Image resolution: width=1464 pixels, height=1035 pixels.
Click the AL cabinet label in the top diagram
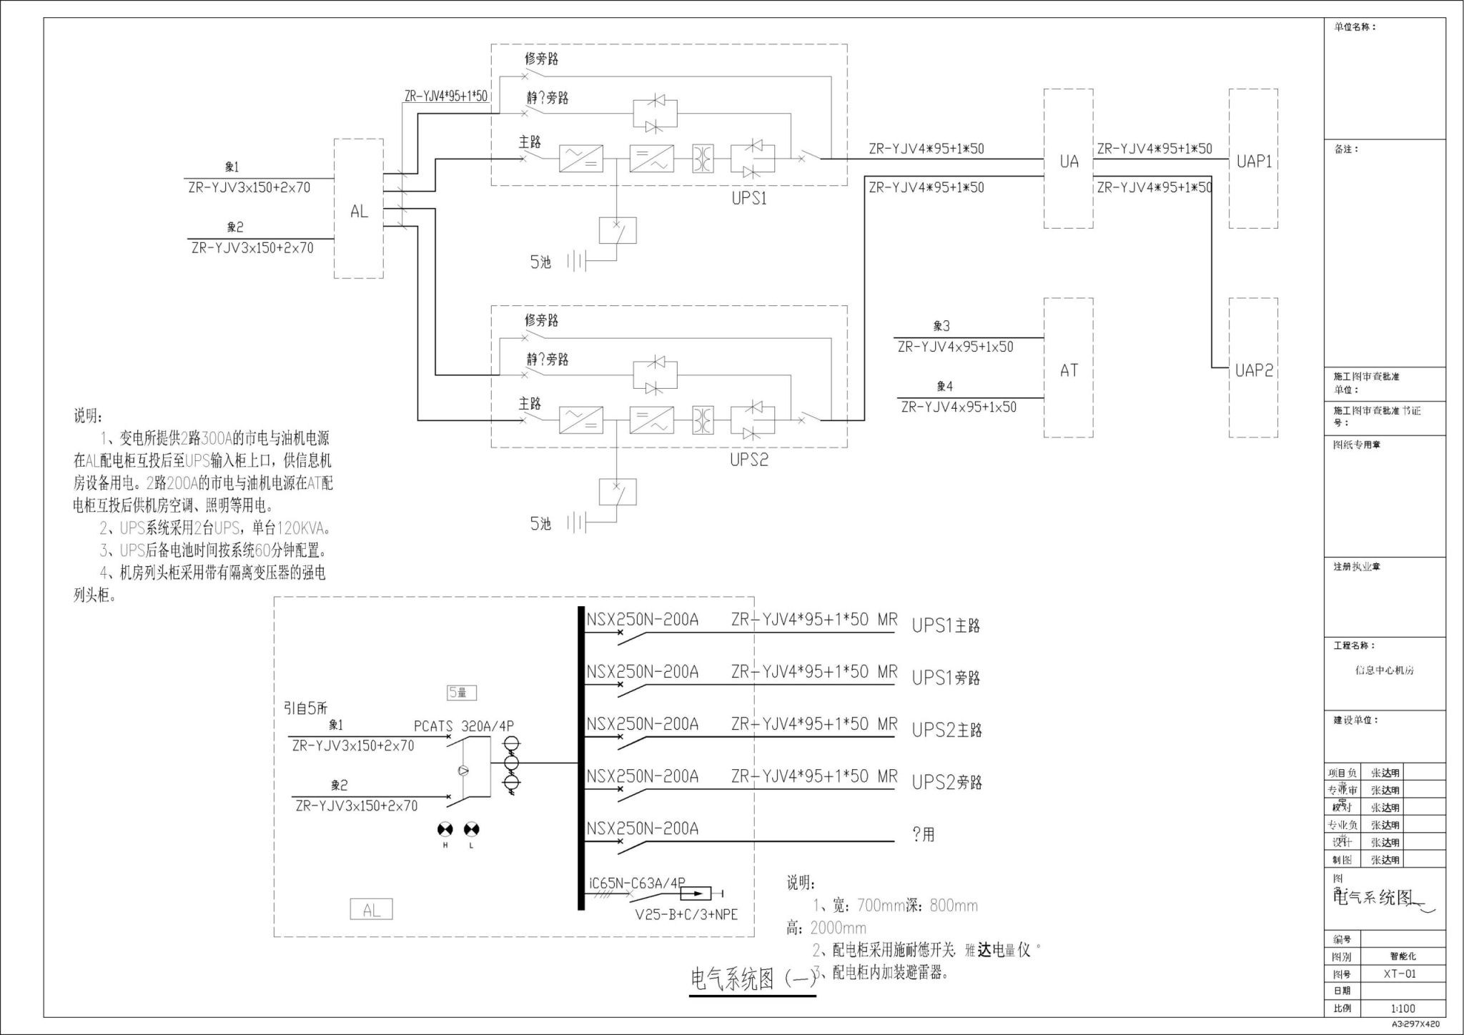pyautogui.click(x=359, y=212)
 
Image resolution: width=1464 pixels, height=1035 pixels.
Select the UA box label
pyautogui.click(x=1069, y=162)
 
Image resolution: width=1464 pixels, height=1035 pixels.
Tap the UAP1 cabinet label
pyautogui.click(x=1254, y=162)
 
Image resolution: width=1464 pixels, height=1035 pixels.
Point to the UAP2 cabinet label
pyautogui.click(x=1254, y=370)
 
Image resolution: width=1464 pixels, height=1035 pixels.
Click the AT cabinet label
pyautogui.click(x=1069, y=370)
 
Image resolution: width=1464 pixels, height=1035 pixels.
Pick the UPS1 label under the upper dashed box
pyautogui.click(x=748, y=199)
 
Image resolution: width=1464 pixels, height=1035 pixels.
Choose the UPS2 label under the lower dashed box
pyautogui.click(x=748, y=460)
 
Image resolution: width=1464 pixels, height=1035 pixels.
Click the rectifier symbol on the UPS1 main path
pyautogui.click(x=580, y=159)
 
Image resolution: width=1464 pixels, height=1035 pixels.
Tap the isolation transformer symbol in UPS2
pyautogui.click(x=703, y=420)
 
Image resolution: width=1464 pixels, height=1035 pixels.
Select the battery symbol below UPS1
pyautogui.click(x=577, y=262)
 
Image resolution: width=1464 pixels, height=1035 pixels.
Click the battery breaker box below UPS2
pyautogui.click(x=618, y=492)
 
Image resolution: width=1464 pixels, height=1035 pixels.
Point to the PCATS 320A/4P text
pyautogui.click(x=463, y=726)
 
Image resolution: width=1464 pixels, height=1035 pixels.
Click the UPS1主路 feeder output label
pyautogui.click(x=946, y=625)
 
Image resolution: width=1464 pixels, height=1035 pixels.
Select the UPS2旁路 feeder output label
pyautogui.click(x=946, y=782)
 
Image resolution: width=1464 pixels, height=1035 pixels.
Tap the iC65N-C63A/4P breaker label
pyautogui.click(x=636, y=883)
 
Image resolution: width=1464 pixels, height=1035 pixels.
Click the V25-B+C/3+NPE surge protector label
pyautogui.click(x=686, y=915)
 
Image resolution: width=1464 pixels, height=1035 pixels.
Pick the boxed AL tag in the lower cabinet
pyautogui.click(x=371, y=910)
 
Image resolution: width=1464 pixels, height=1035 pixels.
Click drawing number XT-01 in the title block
pyautogui.click(x=1399, y=974)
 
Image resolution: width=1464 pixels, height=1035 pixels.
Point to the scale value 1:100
pyautogui.click(x=1403, y=1009)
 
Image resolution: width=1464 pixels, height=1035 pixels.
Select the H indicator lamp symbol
pyautogui.click(x=445, y=829)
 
